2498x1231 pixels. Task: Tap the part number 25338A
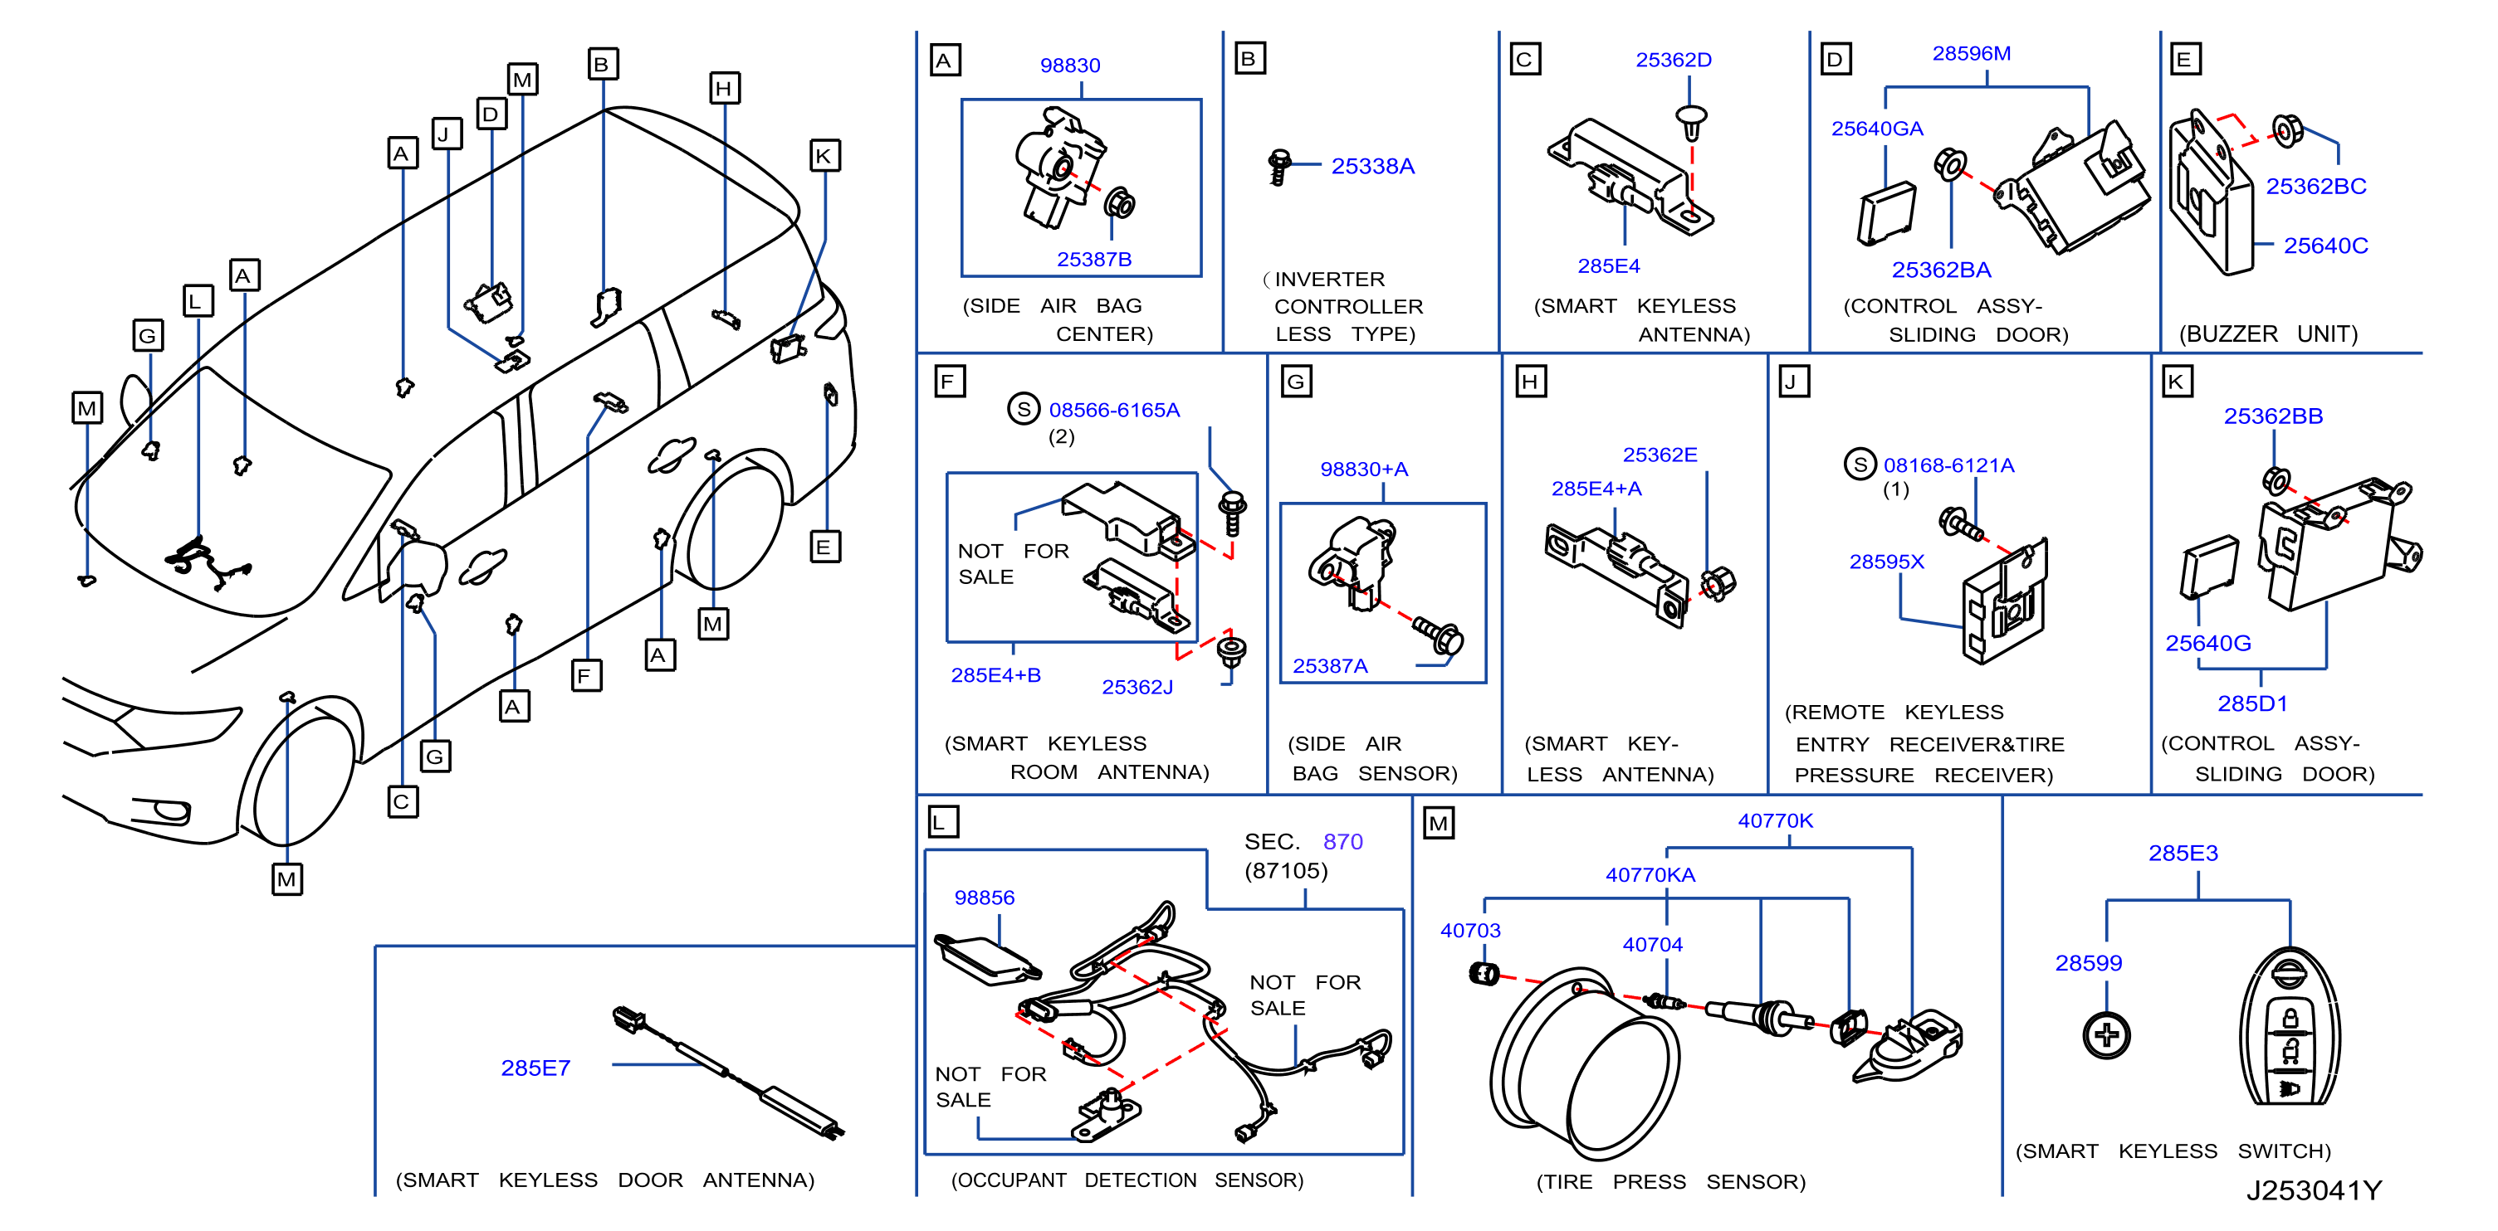tap(1372, 166)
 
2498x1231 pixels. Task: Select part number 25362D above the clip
tap(1673, 59)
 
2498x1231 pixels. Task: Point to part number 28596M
tap(1972, 53)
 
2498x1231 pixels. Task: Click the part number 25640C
tap(2325, 246)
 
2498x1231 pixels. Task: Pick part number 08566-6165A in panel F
tap(1114, 410)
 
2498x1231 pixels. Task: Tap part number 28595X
tap(1886, 562)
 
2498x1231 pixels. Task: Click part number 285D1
tap(2251, 703)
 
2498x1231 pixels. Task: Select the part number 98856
tap(985, 898)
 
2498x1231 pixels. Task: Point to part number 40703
tap(1470, 931)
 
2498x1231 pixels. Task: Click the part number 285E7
tap(535, 1068)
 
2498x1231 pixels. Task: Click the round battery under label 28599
tap(2106, 1035)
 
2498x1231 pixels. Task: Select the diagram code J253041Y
tap(2314, 1190)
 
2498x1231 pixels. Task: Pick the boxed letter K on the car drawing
tap(824, 156)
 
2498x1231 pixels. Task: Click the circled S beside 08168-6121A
tap(1860, 465)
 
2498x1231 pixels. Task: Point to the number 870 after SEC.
tap(1343, 841)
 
